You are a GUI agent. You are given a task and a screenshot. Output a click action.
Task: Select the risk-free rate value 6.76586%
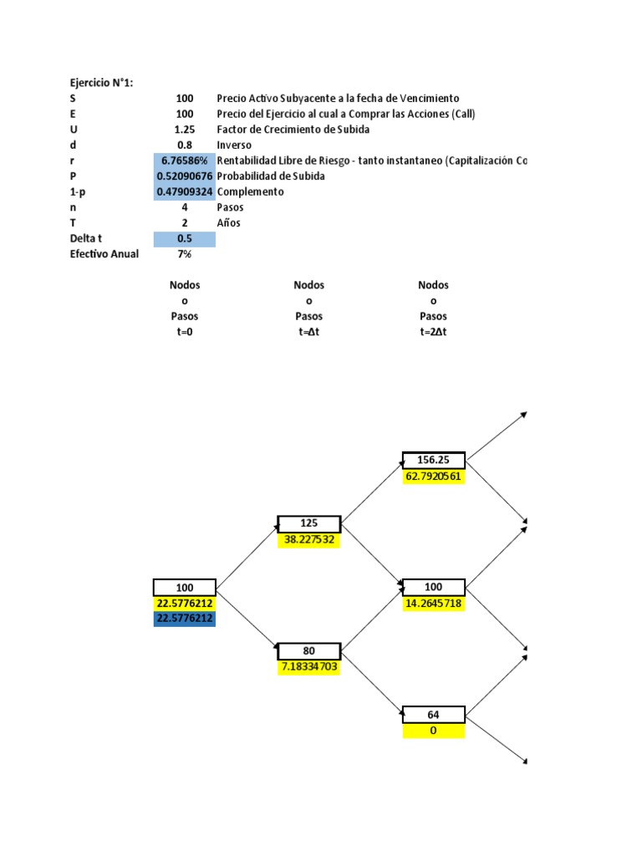pyautogui.click(x=185, y=160)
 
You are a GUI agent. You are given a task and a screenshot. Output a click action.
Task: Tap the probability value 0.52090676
pyautogui.click(x=185, y=176)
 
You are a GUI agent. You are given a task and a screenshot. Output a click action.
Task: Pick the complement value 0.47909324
pyautogui.click(x=185, y=192)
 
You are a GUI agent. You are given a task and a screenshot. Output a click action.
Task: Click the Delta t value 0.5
pyautogui.click(x=185, y=239)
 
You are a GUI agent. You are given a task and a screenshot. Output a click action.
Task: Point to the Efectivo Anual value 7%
pyautogui.click(x=185, y=254)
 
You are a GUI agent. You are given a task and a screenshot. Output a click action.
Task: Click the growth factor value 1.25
pyautogui.click(x=185, y=130)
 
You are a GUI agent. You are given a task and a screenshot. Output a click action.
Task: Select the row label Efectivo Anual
pyautogui.click(x=104, y=254)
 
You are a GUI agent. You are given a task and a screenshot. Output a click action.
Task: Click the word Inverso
pyautogui.click(x=234, y=145)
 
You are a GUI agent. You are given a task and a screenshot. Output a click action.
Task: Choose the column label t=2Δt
pyautogui.click(x=433, y=332)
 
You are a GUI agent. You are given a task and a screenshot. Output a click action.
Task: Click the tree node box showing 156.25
pyautogui.click(x=433, y=461)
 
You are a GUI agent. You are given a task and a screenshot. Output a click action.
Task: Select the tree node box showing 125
pyautogui.click(x=309, y=524)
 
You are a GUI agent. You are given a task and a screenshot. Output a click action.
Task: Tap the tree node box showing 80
pyautogui.click(x=309, y=651)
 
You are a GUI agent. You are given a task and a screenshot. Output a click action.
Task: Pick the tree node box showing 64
pyautogui.click(x=433, y=715)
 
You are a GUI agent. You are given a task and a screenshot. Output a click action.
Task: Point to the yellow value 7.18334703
pyautogui.click(x=309, y=667)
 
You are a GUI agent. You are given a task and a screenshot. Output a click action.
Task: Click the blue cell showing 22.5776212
pyautogui.click(x=185, y=619)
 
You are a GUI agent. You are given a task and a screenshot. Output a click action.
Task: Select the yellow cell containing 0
pyautogui.click(x=433, y=731)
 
